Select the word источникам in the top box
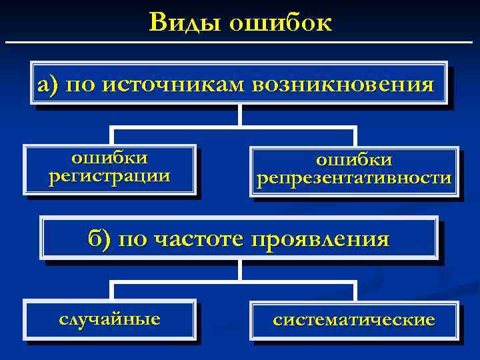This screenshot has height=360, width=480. (173, 85)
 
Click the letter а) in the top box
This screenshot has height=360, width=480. (49, 85)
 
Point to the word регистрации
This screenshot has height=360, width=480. (109, 177)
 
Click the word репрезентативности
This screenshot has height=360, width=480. (354, 179)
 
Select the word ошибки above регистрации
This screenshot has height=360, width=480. (109, 159)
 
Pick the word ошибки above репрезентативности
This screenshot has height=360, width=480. (354, 161)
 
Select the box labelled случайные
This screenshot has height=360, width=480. (110, 319)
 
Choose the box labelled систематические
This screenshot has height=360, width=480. (354, 320)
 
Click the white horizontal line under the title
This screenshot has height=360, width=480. (240, 42)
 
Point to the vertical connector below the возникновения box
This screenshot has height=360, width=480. (240, 115)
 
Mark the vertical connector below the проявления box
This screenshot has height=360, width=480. (240, 270)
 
